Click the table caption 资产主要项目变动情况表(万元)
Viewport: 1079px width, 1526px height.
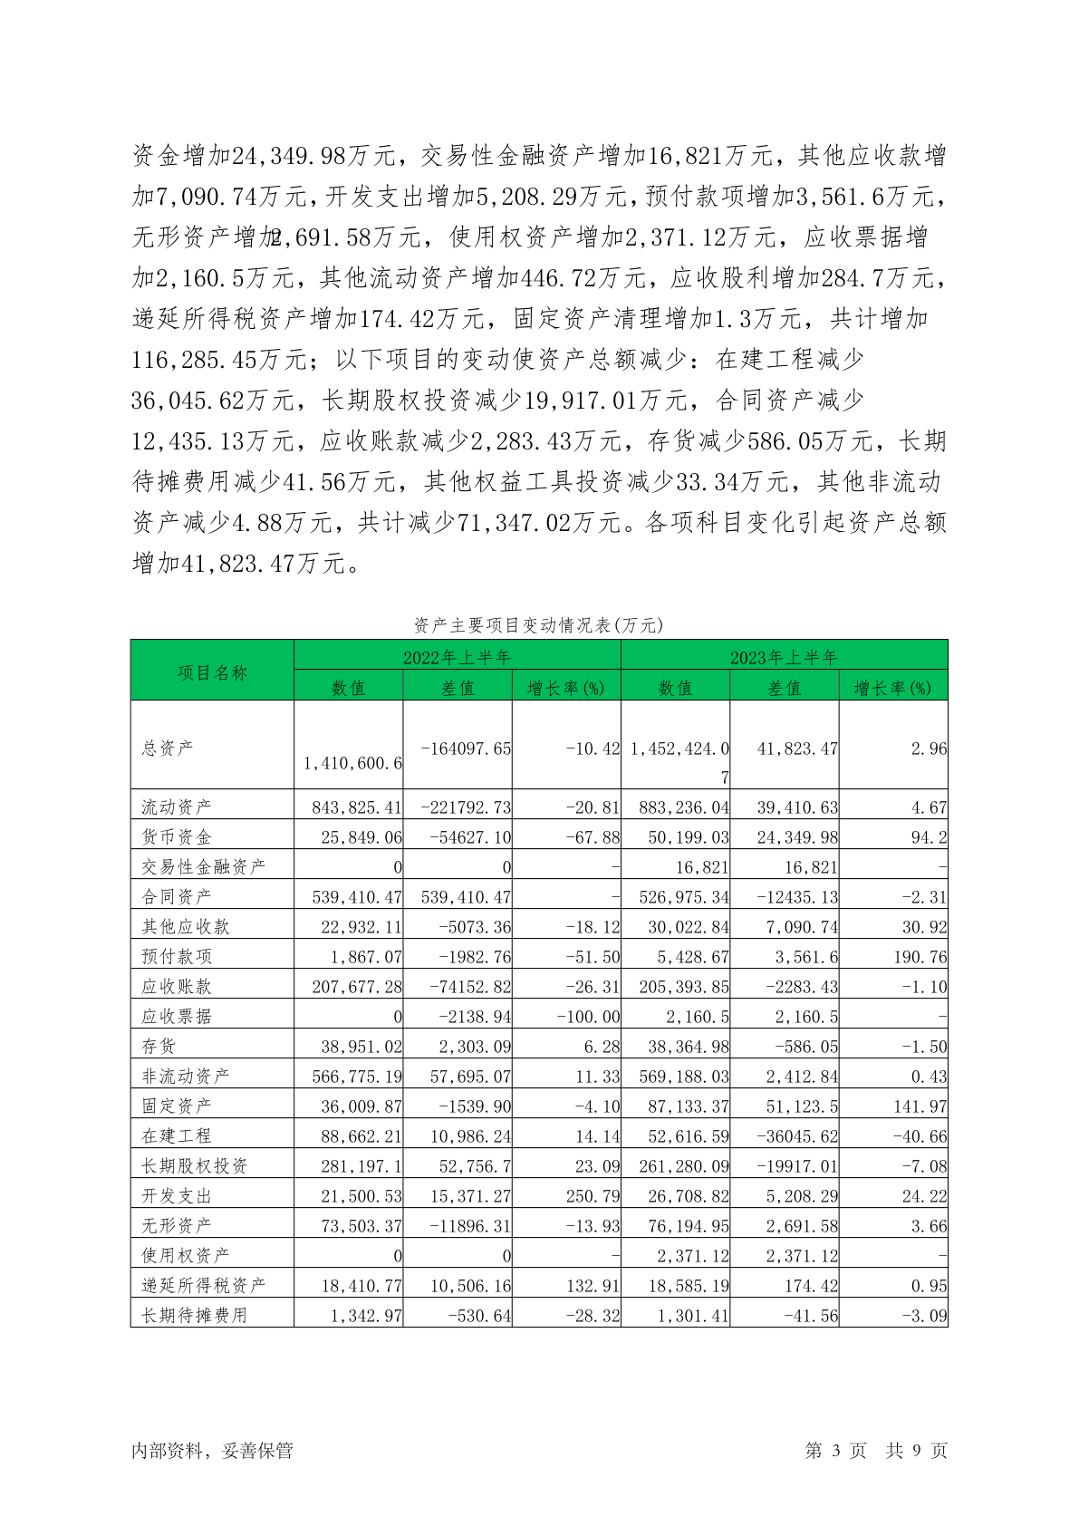[x=539, y=625]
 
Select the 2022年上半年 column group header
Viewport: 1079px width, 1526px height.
[x=458, y=656]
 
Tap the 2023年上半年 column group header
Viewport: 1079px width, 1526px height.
[x=784, y=656]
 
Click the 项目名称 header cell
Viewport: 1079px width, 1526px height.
[x=212, y=671]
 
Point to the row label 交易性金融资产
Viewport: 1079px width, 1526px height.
[x=204, y=866]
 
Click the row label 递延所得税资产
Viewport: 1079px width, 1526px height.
[x=204, y=1285]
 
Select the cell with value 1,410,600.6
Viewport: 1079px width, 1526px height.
[x=353, y=763]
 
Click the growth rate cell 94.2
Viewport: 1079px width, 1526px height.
[x=929, y=836]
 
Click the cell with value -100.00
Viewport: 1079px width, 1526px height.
[x=589, y=1017]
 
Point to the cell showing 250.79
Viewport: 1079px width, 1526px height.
[x=593, y=1196]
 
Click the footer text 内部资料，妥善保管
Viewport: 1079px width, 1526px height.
[x=212, y=1451]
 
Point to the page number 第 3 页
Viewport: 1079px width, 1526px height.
[x=835, y=1451]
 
